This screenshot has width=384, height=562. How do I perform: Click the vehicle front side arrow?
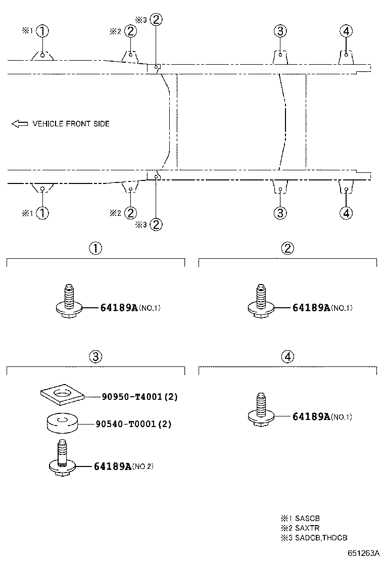click(20, 124)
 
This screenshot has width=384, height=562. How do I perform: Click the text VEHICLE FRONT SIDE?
click(71, 124)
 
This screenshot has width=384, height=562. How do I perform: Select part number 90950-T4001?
click(132, 397)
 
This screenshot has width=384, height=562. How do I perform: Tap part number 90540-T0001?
click(126, 424)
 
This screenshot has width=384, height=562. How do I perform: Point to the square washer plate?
click(62, 395)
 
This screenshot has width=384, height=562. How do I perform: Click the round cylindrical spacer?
click(63, 424)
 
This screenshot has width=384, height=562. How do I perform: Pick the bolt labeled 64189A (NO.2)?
click(63, 459)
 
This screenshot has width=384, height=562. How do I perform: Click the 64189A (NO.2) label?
click(124, 466)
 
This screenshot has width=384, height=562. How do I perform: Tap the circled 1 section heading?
click(95, 248)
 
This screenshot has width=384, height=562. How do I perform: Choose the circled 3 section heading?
click(95, 357)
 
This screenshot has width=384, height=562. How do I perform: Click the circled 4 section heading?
click(288, 357)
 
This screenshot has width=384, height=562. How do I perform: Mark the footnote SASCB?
click(300, 518)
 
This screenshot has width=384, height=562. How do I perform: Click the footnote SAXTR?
click(300, 528)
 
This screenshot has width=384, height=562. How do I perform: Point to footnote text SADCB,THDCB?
click(314, 538)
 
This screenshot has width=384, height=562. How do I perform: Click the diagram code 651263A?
click(364, 553)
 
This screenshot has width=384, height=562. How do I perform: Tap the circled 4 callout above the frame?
click(346, 31)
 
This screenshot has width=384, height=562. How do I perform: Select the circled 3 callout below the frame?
click(280, 213)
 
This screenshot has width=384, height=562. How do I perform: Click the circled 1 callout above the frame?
click(42, 31)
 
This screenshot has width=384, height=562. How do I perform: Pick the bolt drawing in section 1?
click(69, 301)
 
